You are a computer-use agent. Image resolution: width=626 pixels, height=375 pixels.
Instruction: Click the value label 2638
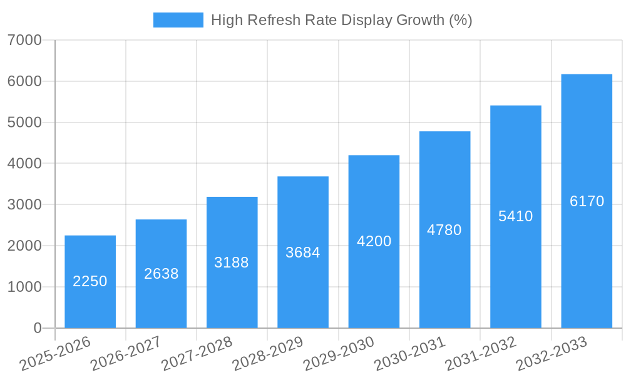pyautogui.click(x=162, y=274)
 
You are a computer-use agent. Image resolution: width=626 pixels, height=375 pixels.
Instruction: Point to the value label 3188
pyautogui.click(x=232, y=262)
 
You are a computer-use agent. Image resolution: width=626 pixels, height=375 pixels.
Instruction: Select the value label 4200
pyautogui.click(x=374, y=241)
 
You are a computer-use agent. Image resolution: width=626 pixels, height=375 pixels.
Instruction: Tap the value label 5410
pyautogui.click(x=516, y=216)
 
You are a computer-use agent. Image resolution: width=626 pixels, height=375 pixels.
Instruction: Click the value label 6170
pyautogui.click(x=587, y=201)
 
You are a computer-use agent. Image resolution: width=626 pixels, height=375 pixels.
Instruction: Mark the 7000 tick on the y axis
pyautogui.click(x=25, y=41)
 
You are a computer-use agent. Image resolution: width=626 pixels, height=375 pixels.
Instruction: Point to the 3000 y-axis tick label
pyautogui.click(x=25, y=205)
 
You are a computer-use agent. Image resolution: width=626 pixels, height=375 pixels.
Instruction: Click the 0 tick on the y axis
pyautogui.click(x=37, y=328)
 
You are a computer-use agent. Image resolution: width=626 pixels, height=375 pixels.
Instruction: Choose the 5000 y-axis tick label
pyautogui.click(x=25, y=122)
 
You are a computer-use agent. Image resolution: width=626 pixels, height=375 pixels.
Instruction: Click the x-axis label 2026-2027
pyautogui.click(x=126, y=354)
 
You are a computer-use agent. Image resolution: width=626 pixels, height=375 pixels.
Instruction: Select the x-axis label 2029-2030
pyautogui.click(x=339, y=354)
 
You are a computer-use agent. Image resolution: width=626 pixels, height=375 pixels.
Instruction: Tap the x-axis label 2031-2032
pyautogui.click(x=481, y=354)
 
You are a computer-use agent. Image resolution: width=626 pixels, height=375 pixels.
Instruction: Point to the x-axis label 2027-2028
pyautogui.click(x=197, y=354)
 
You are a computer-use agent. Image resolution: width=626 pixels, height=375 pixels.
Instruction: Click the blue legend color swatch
pyautogui.click(x=178, y=20)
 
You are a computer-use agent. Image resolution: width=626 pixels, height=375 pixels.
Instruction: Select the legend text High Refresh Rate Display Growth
pyautogui.click(x=341, y=20)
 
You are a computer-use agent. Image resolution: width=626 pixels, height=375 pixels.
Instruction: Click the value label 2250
pyautogui.click(x=90, y=281)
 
